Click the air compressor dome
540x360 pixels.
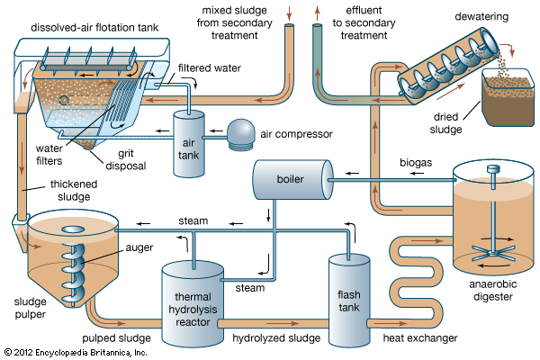pyautogui.click(x=241, y=132)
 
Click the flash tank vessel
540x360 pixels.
pyautogui.click(x=348, y=297)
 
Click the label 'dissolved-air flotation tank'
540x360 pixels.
pyautogui.click(x=95, y=27)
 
